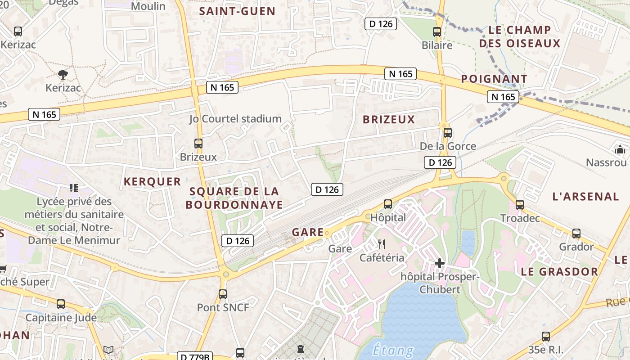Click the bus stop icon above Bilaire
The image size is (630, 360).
(x=436, y=32)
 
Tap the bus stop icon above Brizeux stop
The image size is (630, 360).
(x=198, y=144)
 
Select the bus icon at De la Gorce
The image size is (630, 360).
(x=447, y=133)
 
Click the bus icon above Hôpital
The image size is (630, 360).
(x=387, y=204)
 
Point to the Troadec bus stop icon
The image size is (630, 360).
(x=519, y=205)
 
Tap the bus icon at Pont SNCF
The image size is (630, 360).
(x=222, y=294)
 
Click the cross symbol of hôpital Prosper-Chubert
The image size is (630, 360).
(x=440, y=263)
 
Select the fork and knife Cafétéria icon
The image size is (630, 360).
(x=382, y=244)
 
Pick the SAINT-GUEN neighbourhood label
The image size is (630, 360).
(x=237, y=12)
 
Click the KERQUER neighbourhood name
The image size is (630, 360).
(x=152, y=182)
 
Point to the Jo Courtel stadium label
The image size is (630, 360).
(x=235, y=119)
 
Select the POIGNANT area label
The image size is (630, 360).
(x=494, y=79)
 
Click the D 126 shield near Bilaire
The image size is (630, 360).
(x=380, y=24)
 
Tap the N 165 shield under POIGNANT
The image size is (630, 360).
(x=503, y=97)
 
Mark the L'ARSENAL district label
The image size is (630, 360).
(x=585, y=197)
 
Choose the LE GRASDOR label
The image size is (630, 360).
(x=559, y=272)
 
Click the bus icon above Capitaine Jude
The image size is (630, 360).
(x=61, y=304)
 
